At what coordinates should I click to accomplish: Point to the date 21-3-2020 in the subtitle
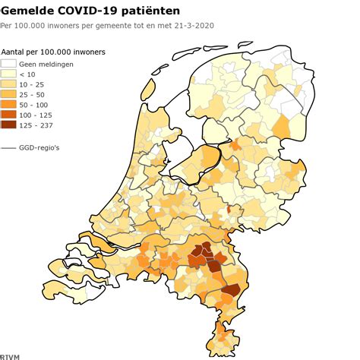click(188, 26)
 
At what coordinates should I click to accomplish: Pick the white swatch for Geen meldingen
click(9, 64)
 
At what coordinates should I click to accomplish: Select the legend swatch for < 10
click(9, 74)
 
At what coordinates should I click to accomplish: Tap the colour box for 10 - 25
click(9, 85)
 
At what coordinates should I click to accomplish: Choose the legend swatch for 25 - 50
click(9, 96)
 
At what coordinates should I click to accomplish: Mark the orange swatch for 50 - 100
click(9, 106)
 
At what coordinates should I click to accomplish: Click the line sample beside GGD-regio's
click(9, 147)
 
